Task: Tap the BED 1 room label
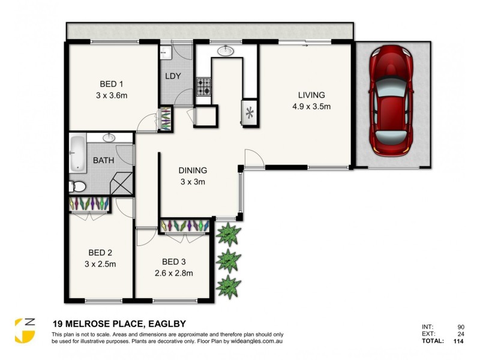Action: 111,84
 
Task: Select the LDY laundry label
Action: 174,77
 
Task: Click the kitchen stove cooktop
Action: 204,88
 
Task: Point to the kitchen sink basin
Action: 226,51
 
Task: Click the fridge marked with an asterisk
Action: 249,112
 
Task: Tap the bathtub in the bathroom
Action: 77,154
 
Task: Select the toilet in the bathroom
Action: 74,185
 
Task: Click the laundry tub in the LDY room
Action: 166,53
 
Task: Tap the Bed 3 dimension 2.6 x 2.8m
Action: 173,273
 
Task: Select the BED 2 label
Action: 101,252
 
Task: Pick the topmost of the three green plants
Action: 229,234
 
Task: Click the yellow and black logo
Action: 24,330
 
